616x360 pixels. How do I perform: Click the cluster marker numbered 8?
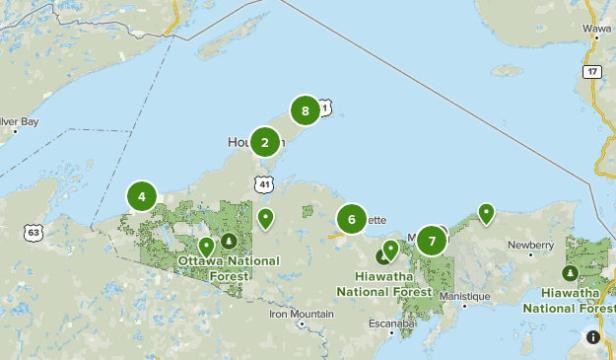click(x=306, y=110)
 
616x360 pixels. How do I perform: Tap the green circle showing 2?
click(x=264, y=142)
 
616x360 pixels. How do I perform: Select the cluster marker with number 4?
click(x=142, y=196)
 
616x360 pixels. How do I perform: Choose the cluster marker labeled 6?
click(x=352, y=219)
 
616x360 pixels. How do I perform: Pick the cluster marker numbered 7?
click(x=432, y=240)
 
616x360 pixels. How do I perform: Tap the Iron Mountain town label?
click(x=301, y=315)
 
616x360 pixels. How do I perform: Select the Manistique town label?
click(x=465, y=296)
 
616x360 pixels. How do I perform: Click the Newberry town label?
click(x=532, y=245)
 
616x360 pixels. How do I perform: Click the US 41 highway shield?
click(x=262, y=184)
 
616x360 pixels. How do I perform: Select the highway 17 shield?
click(x=591, y=71)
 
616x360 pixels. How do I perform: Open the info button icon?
click(x=592, y=336)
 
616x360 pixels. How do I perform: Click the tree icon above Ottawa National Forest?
click(x=229, y=240)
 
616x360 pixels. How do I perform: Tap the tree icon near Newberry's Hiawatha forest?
click(x=570, y=272)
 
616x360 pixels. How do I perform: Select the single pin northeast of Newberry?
click(x=486, y=212)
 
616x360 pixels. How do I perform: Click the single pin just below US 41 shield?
click(x=265, y=217)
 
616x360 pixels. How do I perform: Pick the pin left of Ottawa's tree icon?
click(x=206, y=245)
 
